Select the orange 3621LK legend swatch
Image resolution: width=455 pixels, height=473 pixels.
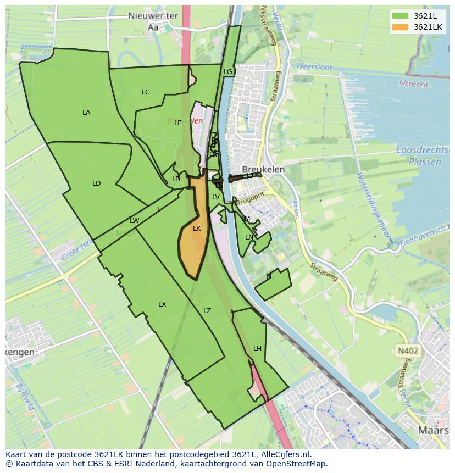pyautogui.click(x=400, y=27)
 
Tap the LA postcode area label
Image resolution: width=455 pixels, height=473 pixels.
pyautogui.click(x=86, y=113)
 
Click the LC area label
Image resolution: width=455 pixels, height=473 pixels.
pyautogui.click(x=146, y=92)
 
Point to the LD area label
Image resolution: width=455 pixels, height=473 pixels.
pyautogui.click(x=97, y=183)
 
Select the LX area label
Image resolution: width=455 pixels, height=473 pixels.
pyautogui.click(x=162, y=304)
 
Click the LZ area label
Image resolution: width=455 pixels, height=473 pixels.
pyautogui.click(x=207, y=311)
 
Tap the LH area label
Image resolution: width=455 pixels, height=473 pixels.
pyautogui.click(x=258, y=349)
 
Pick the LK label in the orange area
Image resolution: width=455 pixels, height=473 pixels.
pyautogui.click(x=197, y=229)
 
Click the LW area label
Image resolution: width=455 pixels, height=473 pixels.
pyautogui.click(x=134, y=221)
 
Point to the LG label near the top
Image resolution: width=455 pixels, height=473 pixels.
pyautogui.click(x=228, y=72)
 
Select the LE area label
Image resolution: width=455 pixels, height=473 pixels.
pyautogui.click(x=178, y=123)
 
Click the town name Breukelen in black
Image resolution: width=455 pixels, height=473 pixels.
pyautogui.click(x=264, y=170)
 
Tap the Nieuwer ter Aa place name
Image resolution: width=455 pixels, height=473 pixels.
pyautogui.click(x=153, y=22)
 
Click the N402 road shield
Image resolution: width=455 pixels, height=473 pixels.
pyautogui.click(x=407, y=350)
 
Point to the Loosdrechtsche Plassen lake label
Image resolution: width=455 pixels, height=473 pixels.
pyautogui.click(x=420, y=156)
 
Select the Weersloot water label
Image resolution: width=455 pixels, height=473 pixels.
pyautogui.click(x=314, y=66)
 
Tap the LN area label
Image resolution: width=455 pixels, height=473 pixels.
pyautogui.click(x=249, y=237)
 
